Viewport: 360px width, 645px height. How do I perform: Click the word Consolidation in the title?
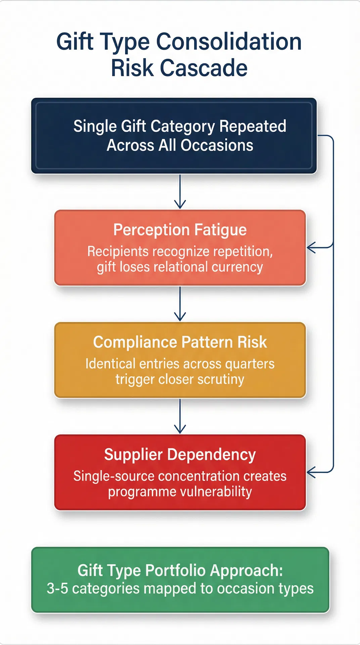tap(229, 42)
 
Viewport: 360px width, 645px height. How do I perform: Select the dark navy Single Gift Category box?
tap(174, 136)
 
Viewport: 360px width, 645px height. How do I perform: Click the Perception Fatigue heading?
tap(180, 230)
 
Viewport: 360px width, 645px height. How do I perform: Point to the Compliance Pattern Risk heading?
tap(180, 342)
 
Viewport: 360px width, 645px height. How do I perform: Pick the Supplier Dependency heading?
tap(180, 455)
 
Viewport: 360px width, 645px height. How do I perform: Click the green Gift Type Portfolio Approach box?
tap(180, 580)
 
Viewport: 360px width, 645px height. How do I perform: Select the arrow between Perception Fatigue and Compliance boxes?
tap(180, 304)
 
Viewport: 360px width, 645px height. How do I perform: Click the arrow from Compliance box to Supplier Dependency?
tap(180, 417)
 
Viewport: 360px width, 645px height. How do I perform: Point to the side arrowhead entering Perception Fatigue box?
tap(311, 248)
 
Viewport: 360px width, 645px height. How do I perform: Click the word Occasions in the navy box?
tap(217, 145)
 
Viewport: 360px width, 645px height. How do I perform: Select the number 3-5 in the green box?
tap(58, 589)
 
